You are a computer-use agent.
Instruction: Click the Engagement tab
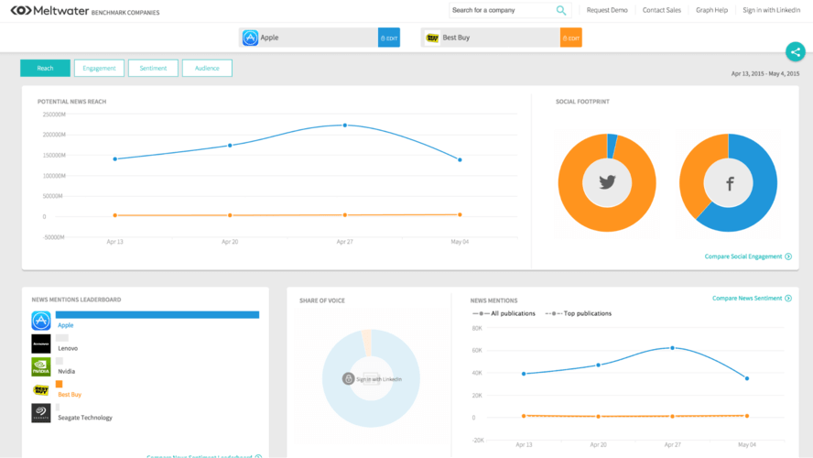99,68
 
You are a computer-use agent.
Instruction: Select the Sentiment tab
153,68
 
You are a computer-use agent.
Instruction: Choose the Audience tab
207,68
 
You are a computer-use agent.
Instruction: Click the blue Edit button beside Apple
389,38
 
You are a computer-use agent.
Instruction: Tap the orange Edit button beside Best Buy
571,38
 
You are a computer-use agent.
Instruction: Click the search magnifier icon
561,10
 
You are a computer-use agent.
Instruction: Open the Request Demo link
607,10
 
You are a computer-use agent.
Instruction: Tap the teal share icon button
795,52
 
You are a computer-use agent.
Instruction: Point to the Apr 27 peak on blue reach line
345,125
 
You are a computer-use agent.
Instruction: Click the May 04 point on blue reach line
460,159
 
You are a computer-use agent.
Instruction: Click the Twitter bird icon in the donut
607,182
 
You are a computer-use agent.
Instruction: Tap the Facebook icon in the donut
730,183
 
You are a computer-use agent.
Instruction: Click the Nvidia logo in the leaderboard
41,366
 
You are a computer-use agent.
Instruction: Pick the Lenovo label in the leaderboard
68,348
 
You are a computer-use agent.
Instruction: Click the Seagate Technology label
85,418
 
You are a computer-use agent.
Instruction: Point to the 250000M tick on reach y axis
53,114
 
